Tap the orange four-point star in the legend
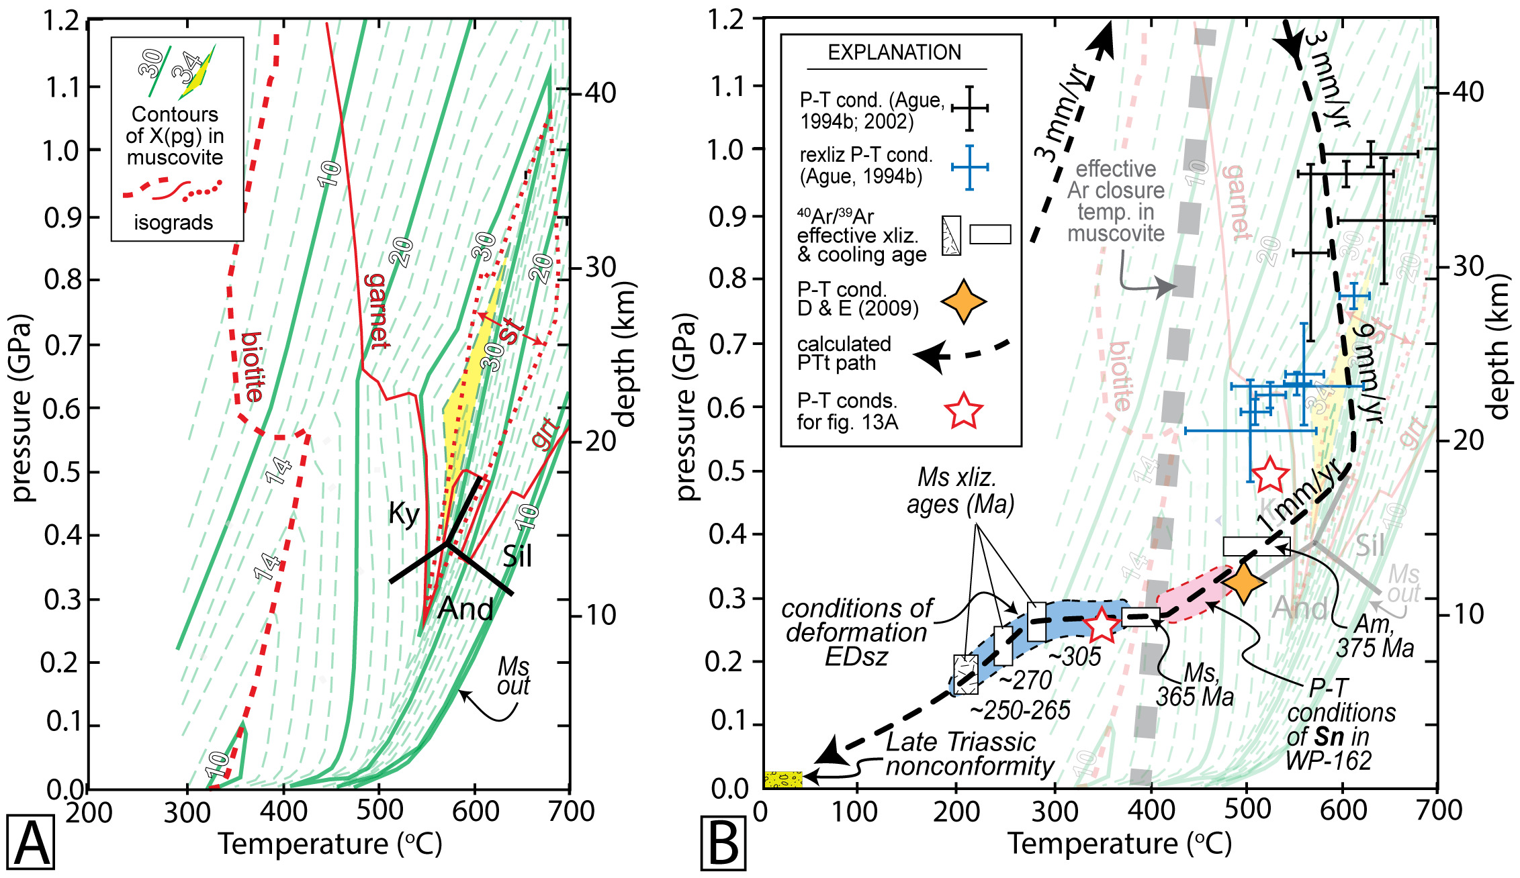pyautogui.click(x=963, y=302)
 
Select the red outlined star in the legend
pyautogui.click(x=963, y=411)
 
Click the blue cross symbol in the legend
pyautogui.click(x=969, y=167)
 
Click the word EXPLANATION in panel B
pyautogui.click(x=894, y=52)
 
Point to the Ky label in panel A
pyautogui.click(x=404, y=514)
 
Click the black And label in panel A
pyautogui.click(x=465, y=609)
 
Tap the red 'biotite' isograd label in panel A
pyautogui.click(x=253, y=367)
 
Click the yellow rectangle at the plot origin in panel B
pyautogui.click(x=783, y=779)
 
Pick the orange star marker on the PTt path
pyautogui.click(x=1243, y=583)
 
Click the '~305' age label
pyautogui.click(x=1075, y=656)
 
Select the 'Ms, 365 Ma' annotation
pyautogui.click(x=1195, y=685)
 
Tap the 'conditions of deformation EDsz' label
pyautogui.click(x=856, y=632)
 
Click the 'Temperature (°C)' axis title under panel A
pyautogui.click(x=330, y=844)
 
